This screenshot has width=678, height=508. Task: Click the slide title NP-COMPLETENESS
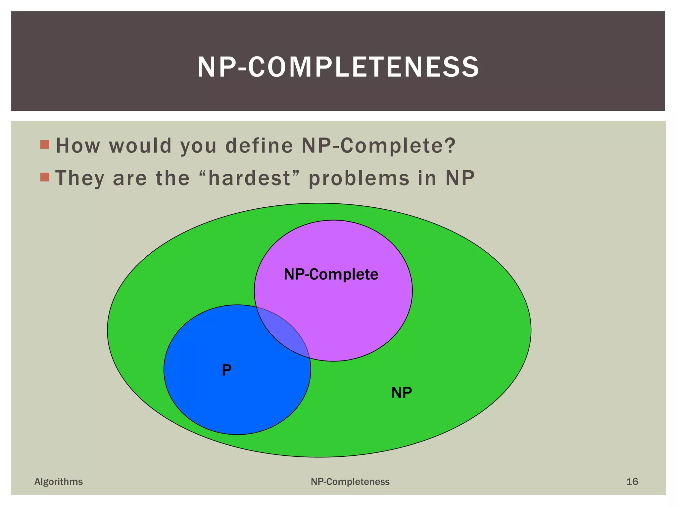[x=338, y=67]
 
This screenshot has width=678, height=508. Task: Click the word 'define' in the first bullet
[x=259, y=146]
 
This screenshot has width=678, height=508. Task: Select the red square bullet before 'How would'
[x=45, y=145]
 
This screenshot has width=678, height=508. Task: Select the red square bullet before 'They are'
[x=45, y=177]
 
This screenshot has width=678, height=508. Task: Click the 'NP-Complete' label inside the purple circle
[x=331, y=274]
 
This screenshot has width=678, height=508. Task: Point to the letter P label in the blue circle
[x=226, y=370]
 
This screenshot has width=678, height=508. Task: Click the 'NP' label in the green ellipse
[x=402, y=393]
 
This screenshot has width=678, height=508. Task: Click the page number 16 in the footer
[x=632, y=482]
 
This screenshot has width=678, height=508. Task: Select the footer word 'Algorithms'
[x=59, y=482]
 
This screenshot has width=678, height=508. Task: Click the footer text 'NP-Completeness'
[x=350, y=482]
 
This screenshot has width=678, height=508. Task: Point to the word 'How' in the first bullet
[x=78, y=146]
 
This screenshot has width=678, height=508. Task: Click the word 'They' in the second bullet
[x=80, y=178]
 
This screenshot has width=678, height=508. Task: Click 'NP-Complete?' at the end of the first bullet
[x=379, y=146]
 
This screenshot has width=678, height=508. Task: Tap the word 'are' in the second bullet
[x=130, y=179]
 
